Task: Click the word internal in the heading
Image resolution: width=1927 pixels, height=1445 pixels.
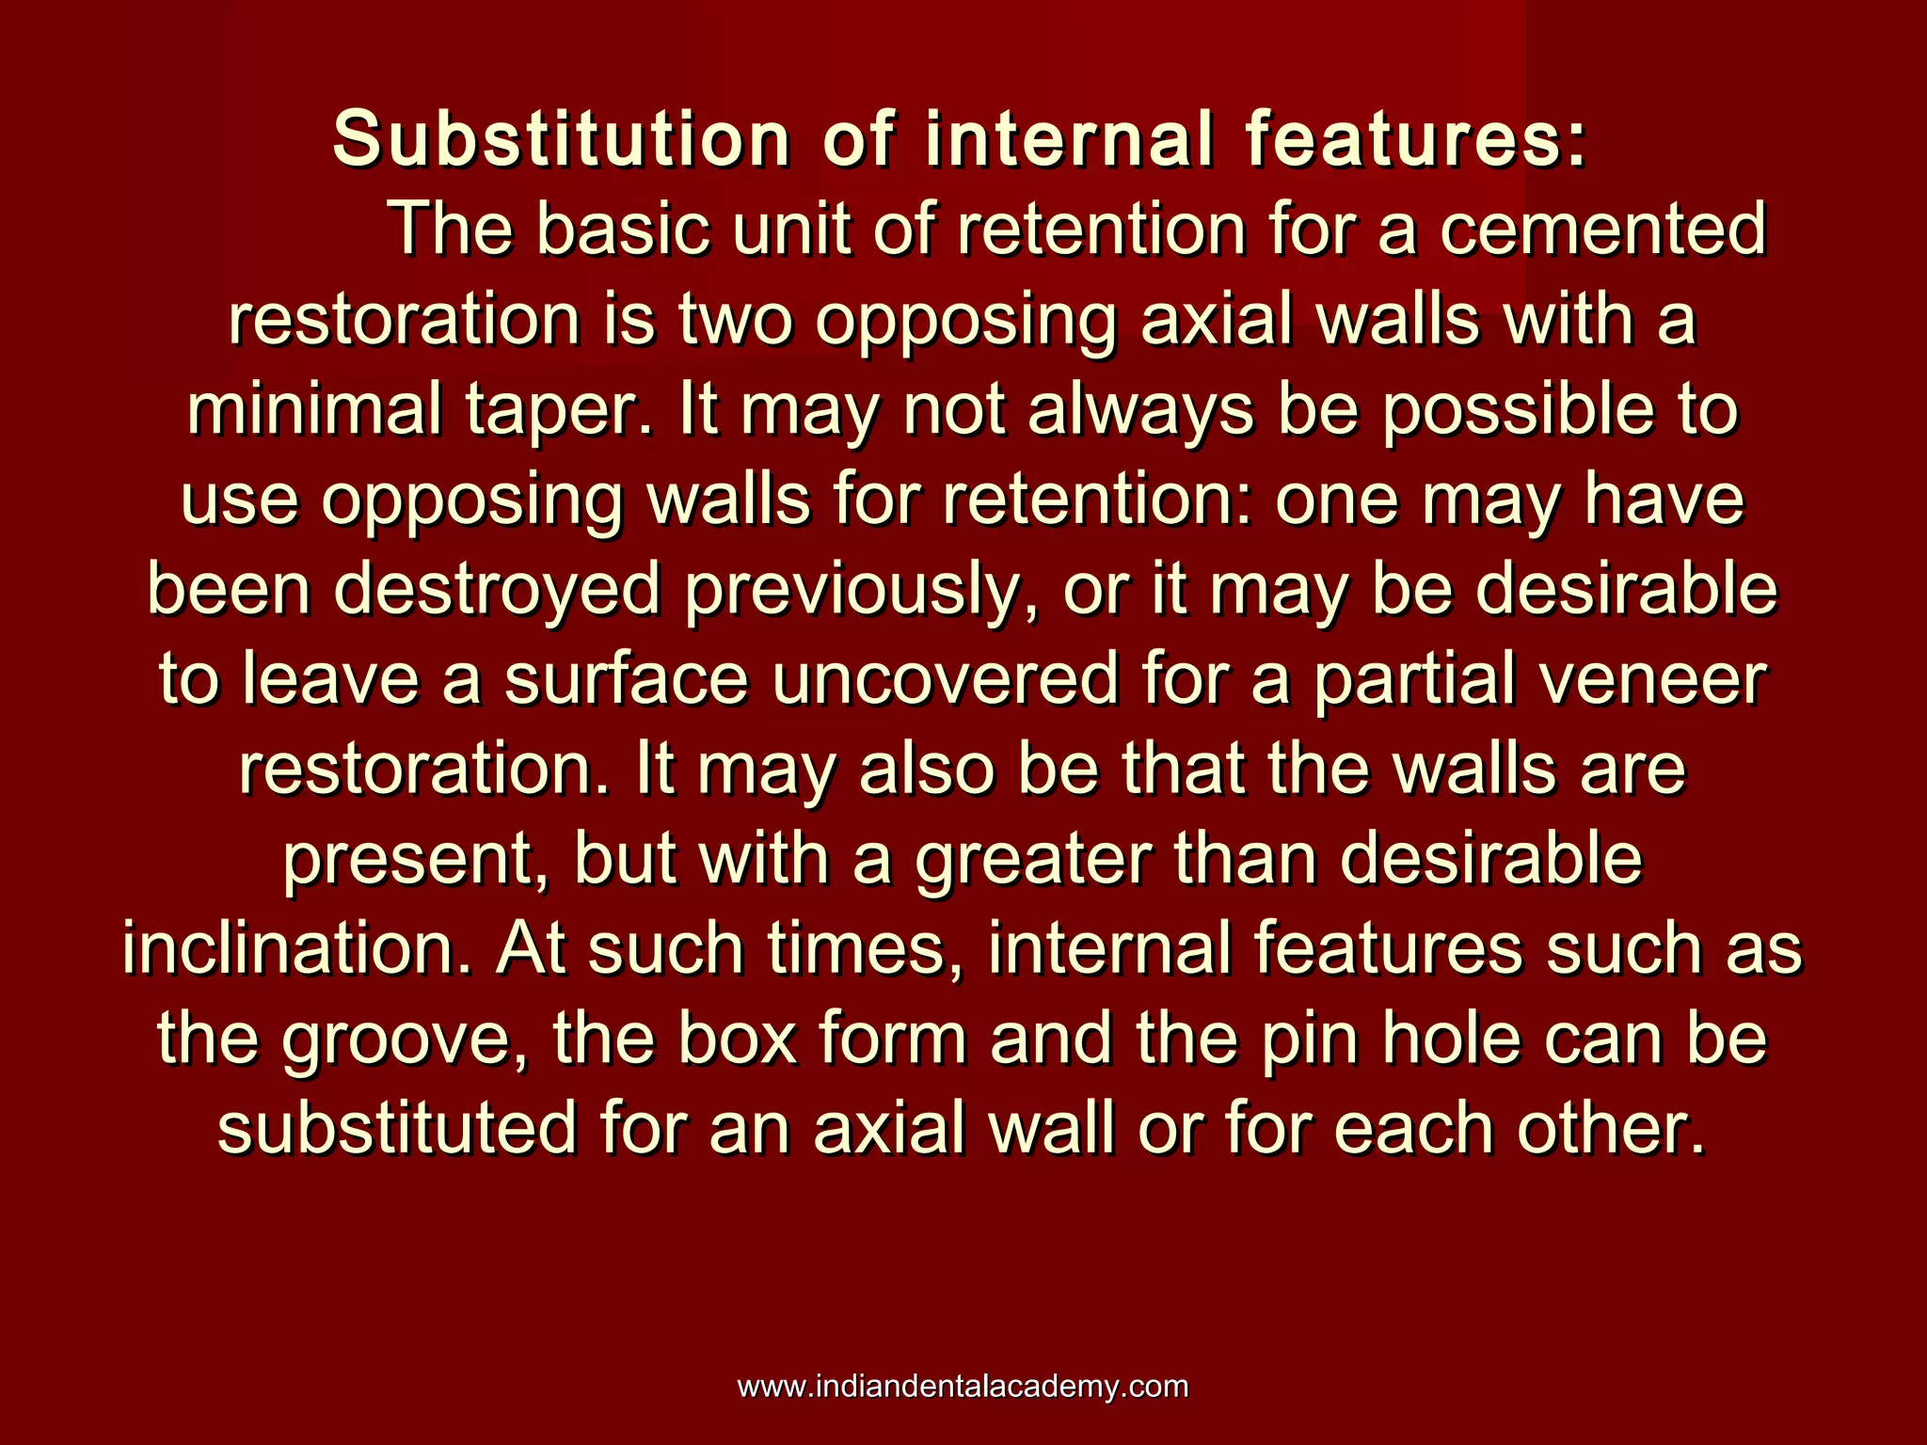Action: pyautogui.click(x=1069, y=139)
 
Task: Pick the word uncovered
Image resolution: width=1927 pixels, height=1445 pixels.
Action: pyautogui.click(x=946, y=680)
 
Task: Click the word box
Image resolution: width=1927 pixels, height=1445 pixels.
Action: pyautogui.click(x=738, y=1039)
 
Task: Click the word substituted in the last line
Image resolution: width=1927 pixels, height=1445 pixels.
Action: pyautogui.click(x=396, y=1128)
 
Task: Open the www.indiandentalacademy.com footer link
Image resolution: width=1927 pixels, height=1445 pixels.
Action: pyautogui.click(x=963, y=1387)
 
